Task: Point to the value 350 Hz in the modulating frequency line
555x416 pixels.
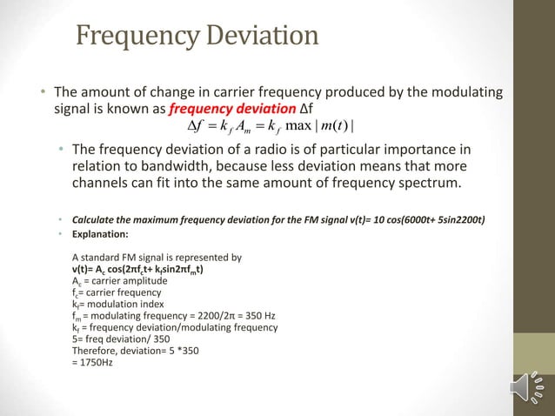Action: (261, 316)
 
